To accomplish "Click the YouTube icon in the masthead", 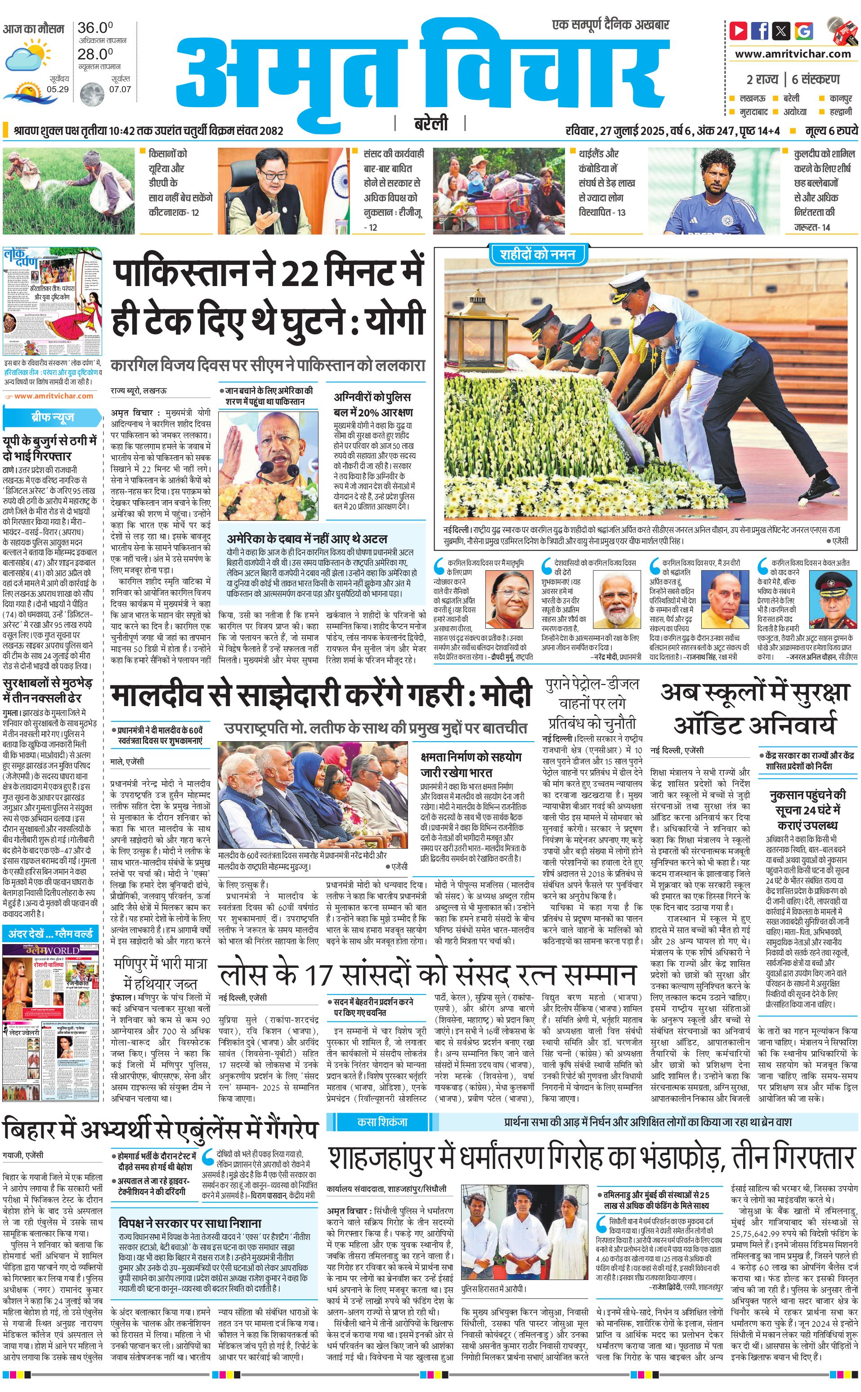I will [x=739, y=30].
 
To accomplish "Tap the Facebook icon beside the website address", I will [x=760, y=30].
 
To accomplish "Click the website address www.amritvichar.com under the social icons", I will [x=793, y=54].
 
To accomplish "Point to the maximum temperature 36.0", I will [x=95, y=27].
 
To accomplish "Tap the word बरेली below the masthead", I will [x=431, y=124].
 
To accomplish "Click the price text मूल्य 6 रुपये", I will [x=831, y=131].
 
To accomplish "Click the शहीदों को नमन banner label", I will [x=537, y=255].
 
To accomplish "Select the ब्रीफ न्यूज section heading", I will [x=52, y=417].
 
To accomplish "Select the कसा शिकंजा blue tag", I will [x=382, y=1122].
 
